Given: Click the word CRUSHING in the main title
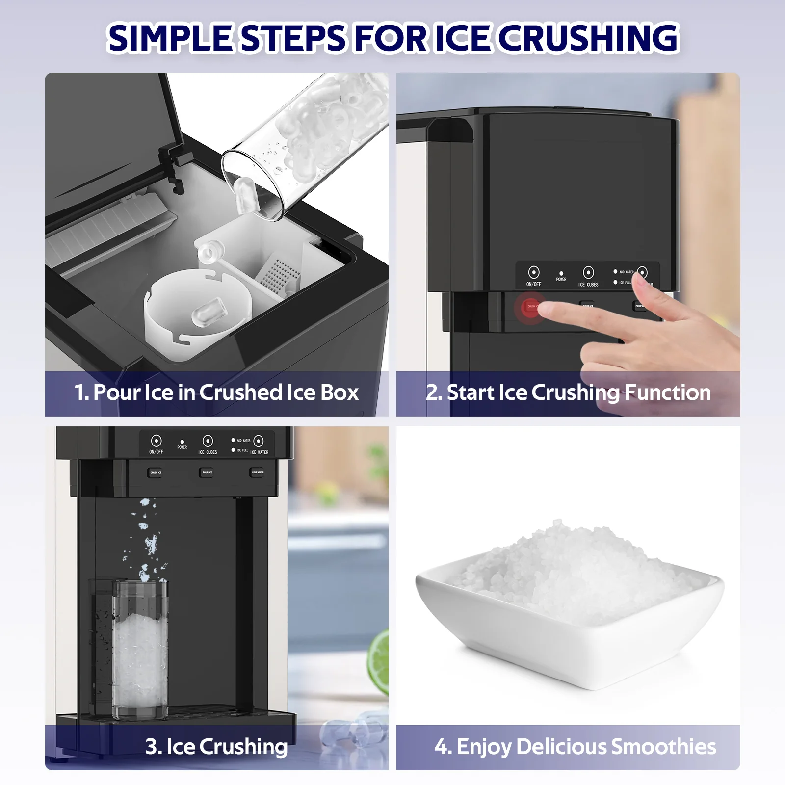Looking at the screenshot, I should tap(589, 38).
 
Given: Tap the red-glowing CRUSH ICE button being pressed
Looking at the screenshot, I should tap(530, 307).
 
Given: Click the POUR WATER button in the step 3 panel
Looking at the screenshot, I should tap(258, 472).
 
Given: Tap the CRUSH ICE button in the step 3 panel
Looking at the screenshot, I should tap(156, 472).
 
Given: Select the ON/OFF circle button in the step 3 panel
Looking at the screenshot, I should tap(156, 440).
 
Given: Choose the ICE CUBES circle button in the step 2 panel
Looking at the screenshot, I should tap(588, 272).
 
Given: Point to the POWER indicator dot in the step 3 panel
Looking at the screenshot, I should tap(182, 442).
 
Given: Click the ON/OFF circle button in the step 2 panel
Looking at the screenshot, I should tap(534, 272).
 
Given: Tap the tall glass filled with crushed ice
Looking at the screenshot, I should tap(140, 653).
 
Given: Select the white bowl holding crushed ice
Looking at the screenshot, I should tap(569, 613).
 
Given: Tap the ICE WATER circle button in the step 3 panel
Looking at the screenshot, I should tap(259, 440).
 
